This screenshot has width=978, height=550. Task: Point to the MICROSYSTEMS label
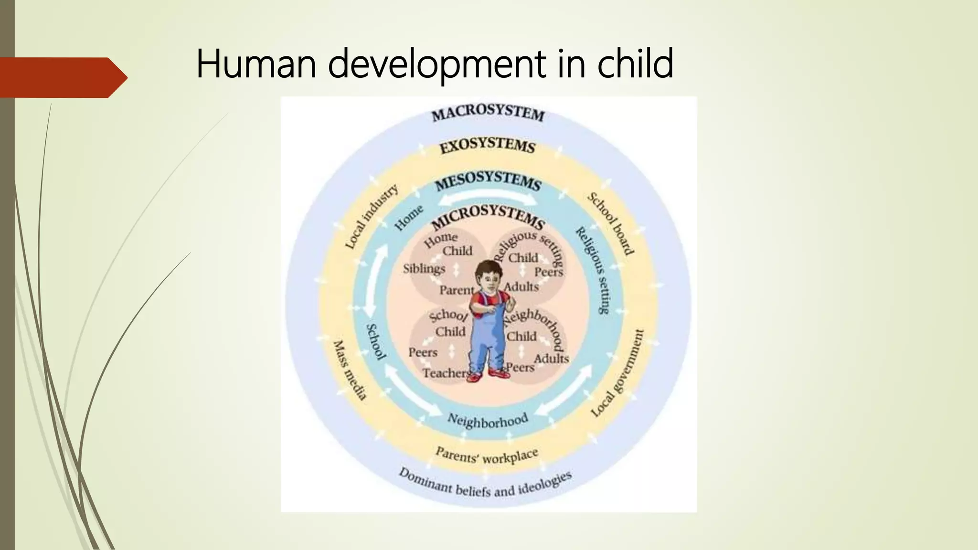coord(488,217)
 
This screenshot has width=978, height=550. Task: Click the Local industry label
coord(372,217)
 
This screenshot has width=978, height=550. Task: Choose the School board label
coord(610,223)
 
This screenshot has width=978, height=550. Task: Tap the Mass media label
coord(350,370)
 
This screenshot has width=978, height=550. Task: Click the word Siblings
coord(424,269)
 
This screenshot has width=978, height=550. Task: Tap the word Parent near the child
coord(457,290)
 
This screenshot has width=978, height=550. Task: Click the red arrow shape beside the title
coord(62,77)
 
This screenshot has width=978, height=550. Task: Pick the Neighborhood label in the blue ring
coord(488,420)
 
